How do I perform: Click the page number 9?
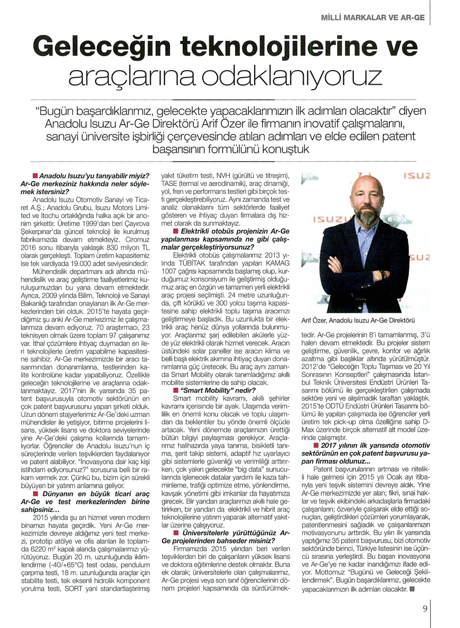[x=425, y=608]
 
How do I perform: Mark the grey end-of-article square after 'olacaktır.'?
[x=412, y=589]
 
